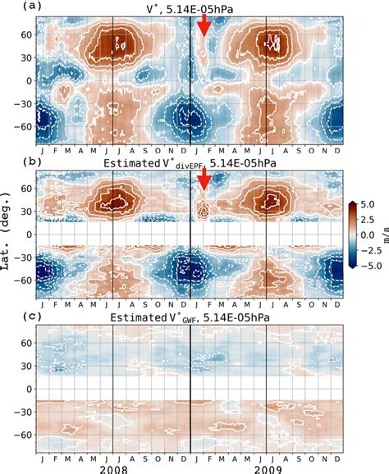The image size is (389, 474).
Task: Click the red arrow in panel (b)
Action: (x=204, y=184)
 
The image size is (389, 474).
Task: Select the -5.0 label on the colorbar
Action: (x=370, y=264)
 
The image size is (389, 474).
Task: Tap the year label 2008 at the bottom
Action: (x=113, y=467)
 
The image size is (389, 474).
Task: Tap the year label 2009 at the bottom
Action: (x=268, y=467)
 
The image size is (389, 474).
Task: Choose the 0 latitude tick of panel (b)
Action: (x=27, y=234)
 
